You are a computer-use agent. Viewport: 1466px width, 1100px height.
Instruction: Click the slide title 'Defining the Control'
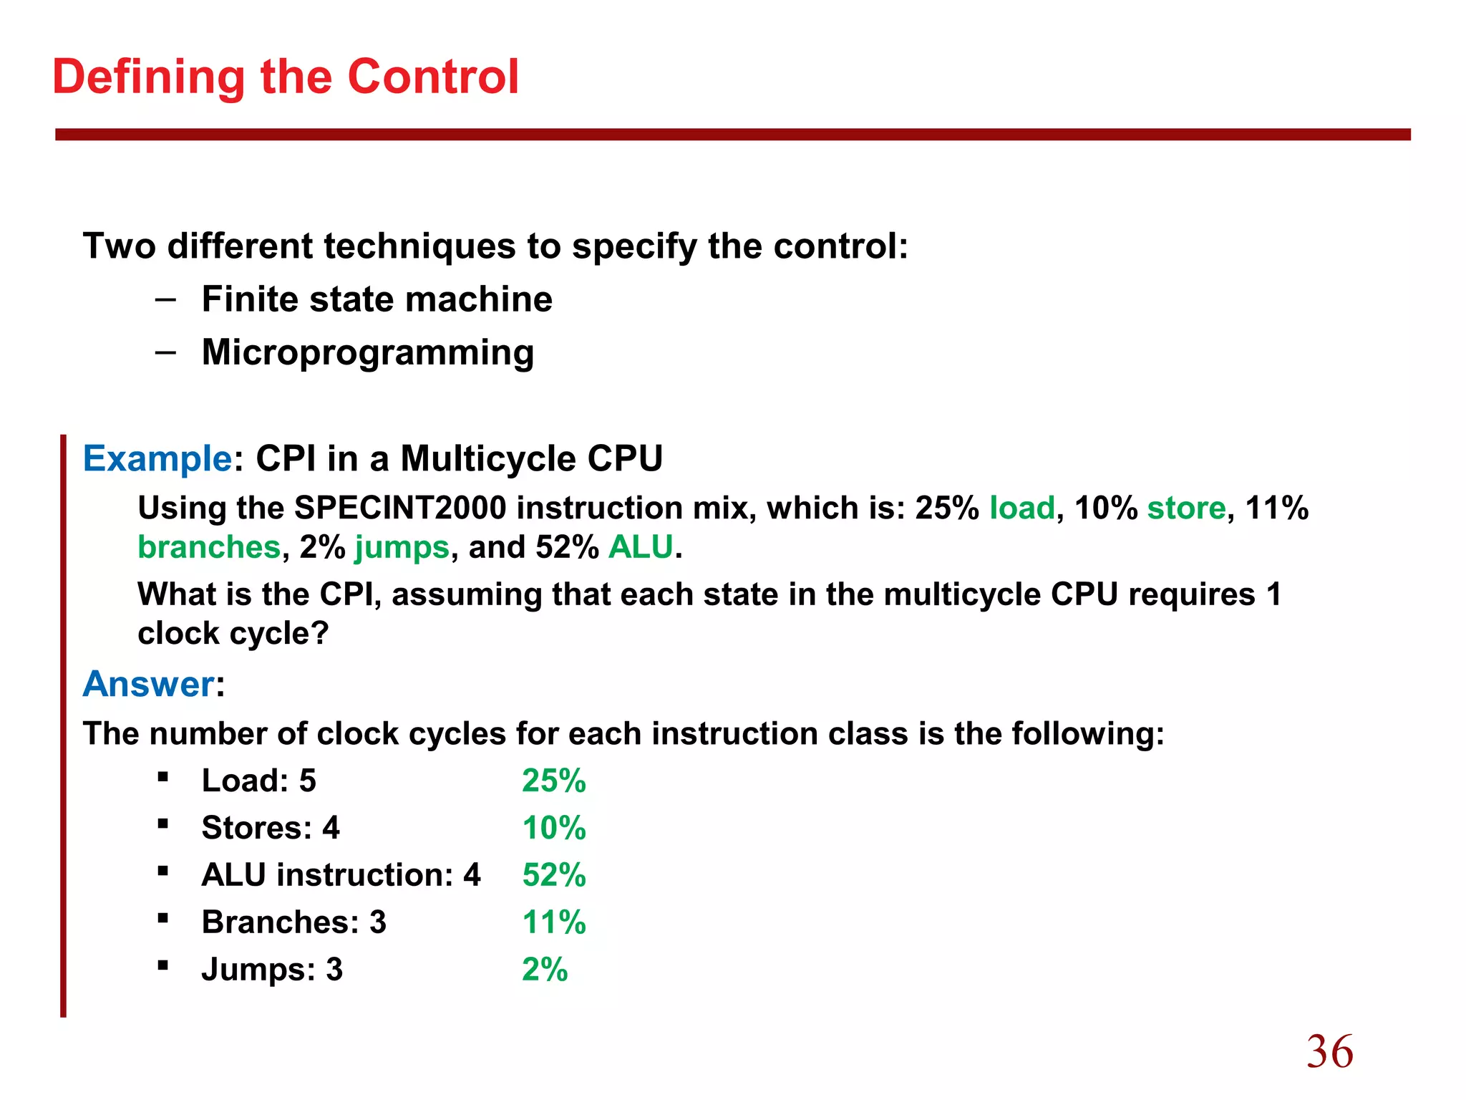point(285,77)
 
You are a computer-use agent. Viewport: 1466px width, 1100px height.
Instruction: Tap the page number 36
point(1330,1051)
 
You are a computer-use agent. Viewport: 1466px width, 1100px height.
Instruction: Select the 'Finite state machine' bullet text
point(377,299)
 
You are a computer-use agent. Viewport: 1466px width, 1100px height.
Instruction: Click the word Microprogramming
point(368,352)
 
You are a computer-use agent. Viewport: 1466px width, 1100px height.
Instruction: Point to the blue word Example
point(157,458)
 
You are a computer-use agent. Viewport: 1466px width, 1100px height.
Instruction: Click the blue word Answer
point(148,684)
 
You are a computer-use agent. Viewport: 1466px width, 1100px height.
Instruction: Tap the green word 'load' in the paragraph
point(1021,508)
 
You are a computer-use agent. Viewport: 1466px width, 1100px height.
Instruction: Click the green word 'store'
point(1186,508)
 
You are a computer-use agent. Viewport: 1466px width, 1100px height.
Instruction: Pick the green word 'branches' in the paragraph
point(208,548)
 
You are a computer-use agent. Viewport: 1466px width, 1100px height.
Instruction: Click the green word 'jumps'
point(402,548)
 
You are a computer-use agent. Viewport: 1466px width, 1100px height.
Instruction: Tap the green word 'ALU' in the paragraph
point(641,548)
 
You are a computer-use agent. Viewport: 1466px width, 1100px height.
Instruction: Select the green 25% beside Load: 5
point(553,781)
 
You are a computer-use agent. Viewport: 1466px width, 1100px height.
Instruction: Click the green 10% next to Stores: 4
point(553,828)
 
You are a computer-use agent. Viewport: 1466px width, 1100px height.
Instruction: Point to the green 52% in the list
point(553,875)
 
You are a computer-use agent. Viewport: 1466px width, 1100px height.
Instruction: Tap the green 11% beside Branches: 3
point(553,922)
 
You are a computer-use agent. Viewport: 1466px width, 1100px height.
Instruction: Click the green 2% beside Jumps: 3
point(544,970)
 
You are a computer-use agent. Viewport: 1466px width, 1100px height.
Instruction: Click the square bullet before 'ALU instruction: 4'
point(163,871)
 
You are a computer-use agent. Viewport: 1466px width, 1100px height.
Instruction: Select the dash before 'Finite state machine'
point(165,299)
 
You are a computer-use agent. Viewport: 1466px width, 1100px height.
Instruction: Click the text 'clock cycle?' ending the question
point(233,634)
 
